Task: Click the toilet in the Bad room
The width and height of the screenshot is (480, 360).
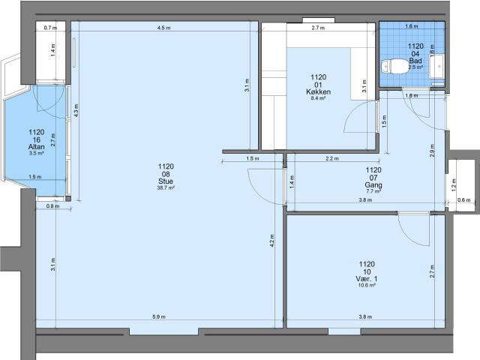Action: click(x=395, y=67)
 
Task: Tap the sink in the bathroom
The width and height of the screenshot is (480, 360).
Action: click(x=437, y=66)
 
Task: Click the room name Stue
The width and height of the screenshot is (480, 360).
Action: click(x=166, y=181)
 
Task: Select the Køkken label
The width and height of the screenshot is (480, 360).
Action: click(x=318, y=91)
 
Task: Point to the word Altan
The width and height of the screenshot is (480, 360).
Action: click(x=37, y=147)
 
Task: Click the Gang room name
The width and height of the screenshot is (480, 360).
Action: click(x=373, y=185)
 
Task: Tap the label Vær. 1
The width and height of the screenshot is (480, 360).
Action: click(x=367, y=278)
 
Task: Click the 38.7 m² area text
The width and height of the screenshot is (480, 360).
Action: click(x=166, y=188)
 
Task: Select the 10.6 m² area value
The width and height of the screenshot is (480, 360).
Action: click(x=367, y=285)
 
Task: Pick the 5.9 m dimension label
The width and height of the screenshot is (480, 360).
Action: click(x=159, y=316)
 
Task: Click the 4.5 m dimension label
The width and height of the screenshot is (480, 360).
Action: click(x=163, y=28)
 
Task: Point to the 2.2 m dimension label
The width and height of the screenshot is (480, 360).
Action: click(x=332, y=158)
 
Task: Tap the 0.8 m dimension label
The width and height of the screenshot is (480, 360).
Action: click(x=52, y=206)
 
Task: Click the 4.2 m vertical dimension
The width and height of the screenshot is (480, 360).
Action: click(x=272, y=241)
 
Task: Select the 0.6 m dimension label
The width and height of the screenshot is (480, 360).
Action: click(x=463, y=200)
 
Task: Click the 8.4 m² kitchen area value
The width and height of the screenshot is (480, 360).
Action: click(x=318, y=98)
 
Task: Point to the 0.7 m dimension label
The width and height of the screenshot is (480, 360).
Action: click(x=50, y=28)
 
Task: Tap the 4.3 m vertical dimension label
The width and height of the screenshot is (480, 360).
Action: click(x=76, y=110)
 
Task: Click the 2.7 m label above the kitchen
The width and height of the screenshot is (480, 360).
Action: click(x=318, y=28)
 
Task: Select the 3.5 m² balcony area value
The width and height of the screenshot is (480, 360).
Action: click(x=37, y=153)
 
